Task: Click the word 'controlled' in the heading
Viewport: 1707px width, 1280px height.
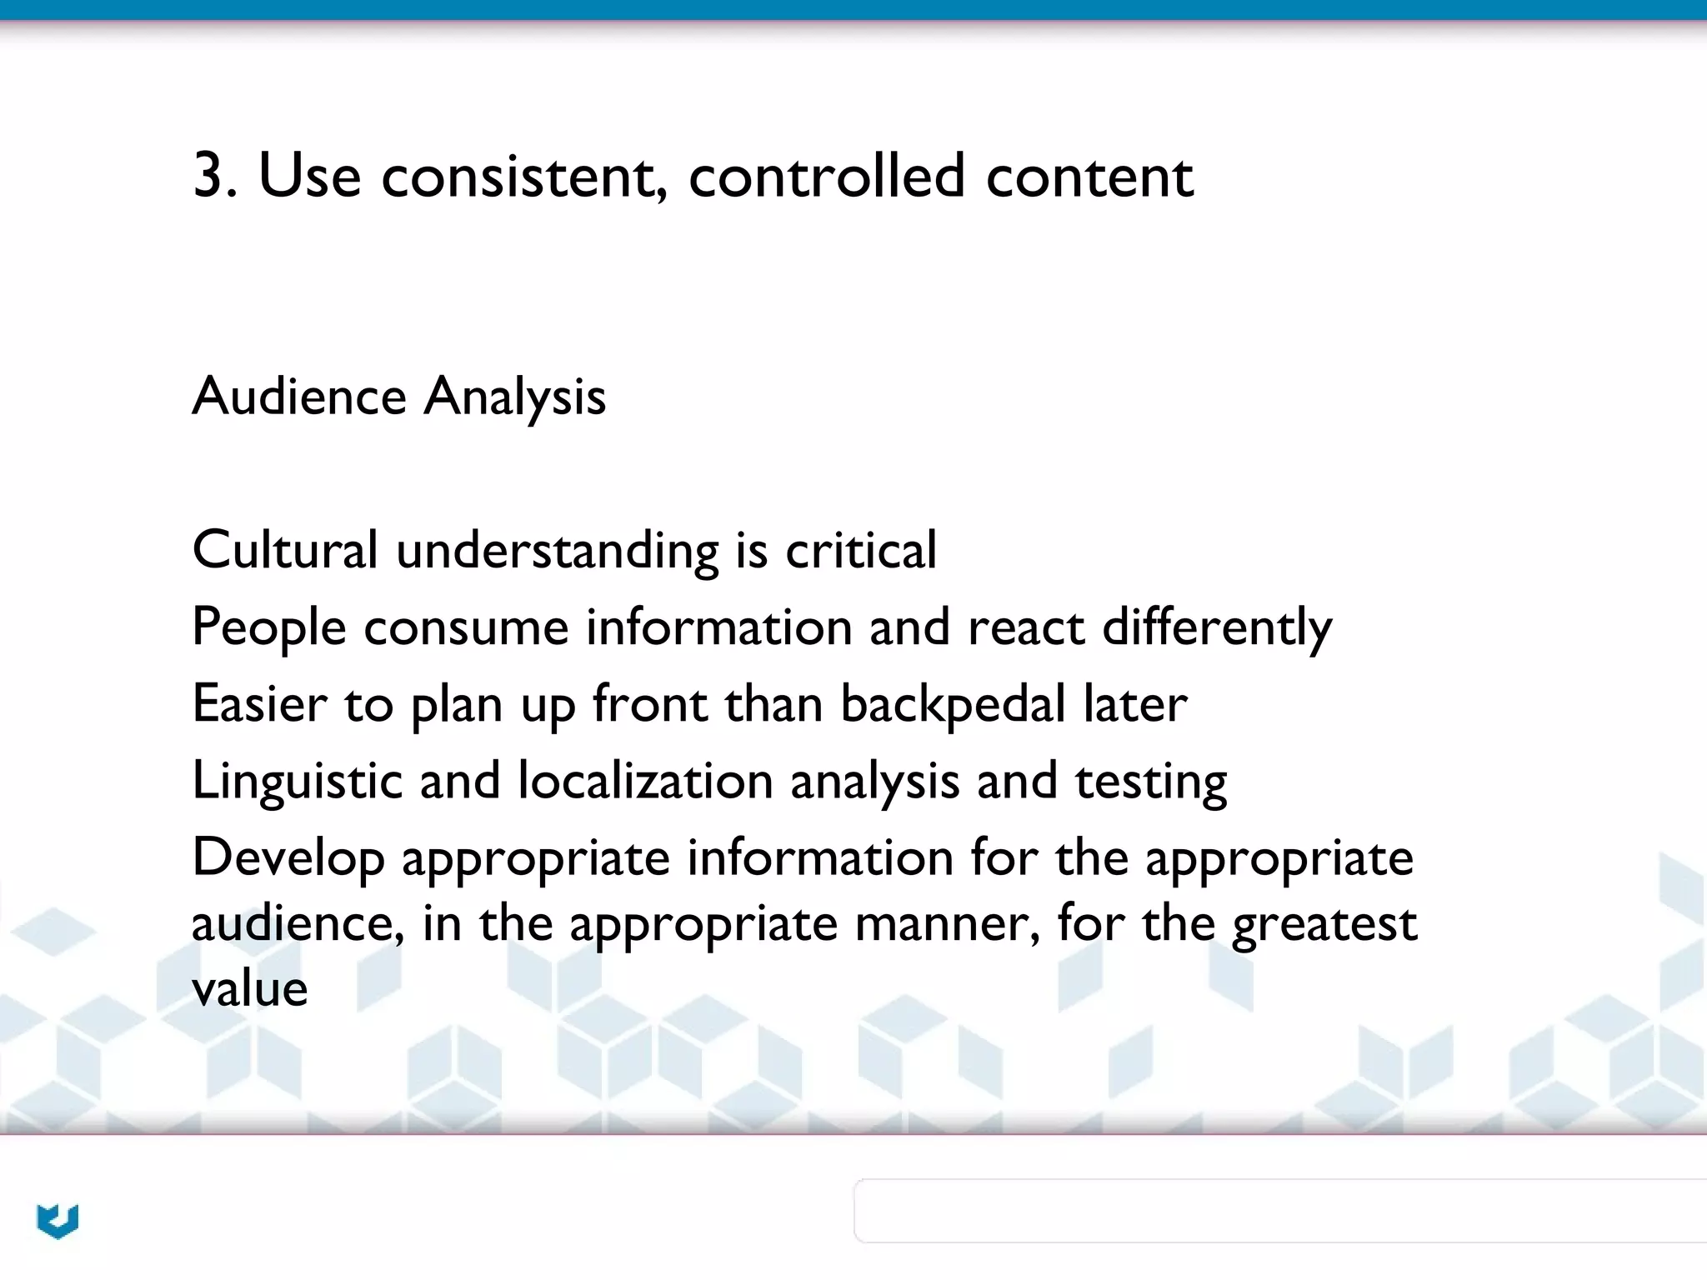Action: point(826,176)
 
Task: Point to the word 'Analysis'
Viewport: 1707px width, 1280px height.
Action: point(514,397)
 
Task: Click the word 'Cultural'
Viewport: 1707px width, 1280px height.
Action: point(285,550)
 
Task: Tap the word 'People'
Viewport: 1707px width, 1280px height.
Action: point(268,627)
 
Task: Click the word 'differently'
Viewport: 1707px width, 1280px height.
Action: point(1217,627)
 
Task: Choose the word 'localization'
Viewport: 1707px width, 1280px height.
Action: point(645,782)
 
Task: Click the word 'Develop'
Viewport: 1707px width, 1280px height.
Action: point(288,858)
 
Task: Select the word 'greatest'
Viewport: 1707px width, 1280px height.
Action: point(1324,925)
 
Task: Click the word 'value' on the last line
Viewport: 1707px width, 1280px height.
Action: point(249,989)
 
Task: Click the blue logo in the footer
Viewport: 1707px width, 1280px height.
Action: point(58,1221)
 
